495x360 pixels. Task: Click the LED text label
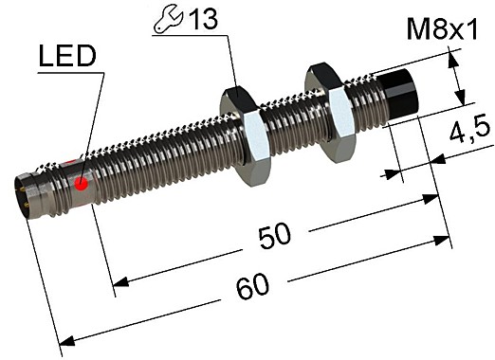(67, 59)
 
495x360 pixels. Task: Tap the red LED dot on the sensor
(82, 182)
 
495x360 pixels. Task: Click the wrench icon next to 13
(166, 21)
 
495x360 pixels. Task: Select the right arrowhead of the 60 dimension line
(445, 240)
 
